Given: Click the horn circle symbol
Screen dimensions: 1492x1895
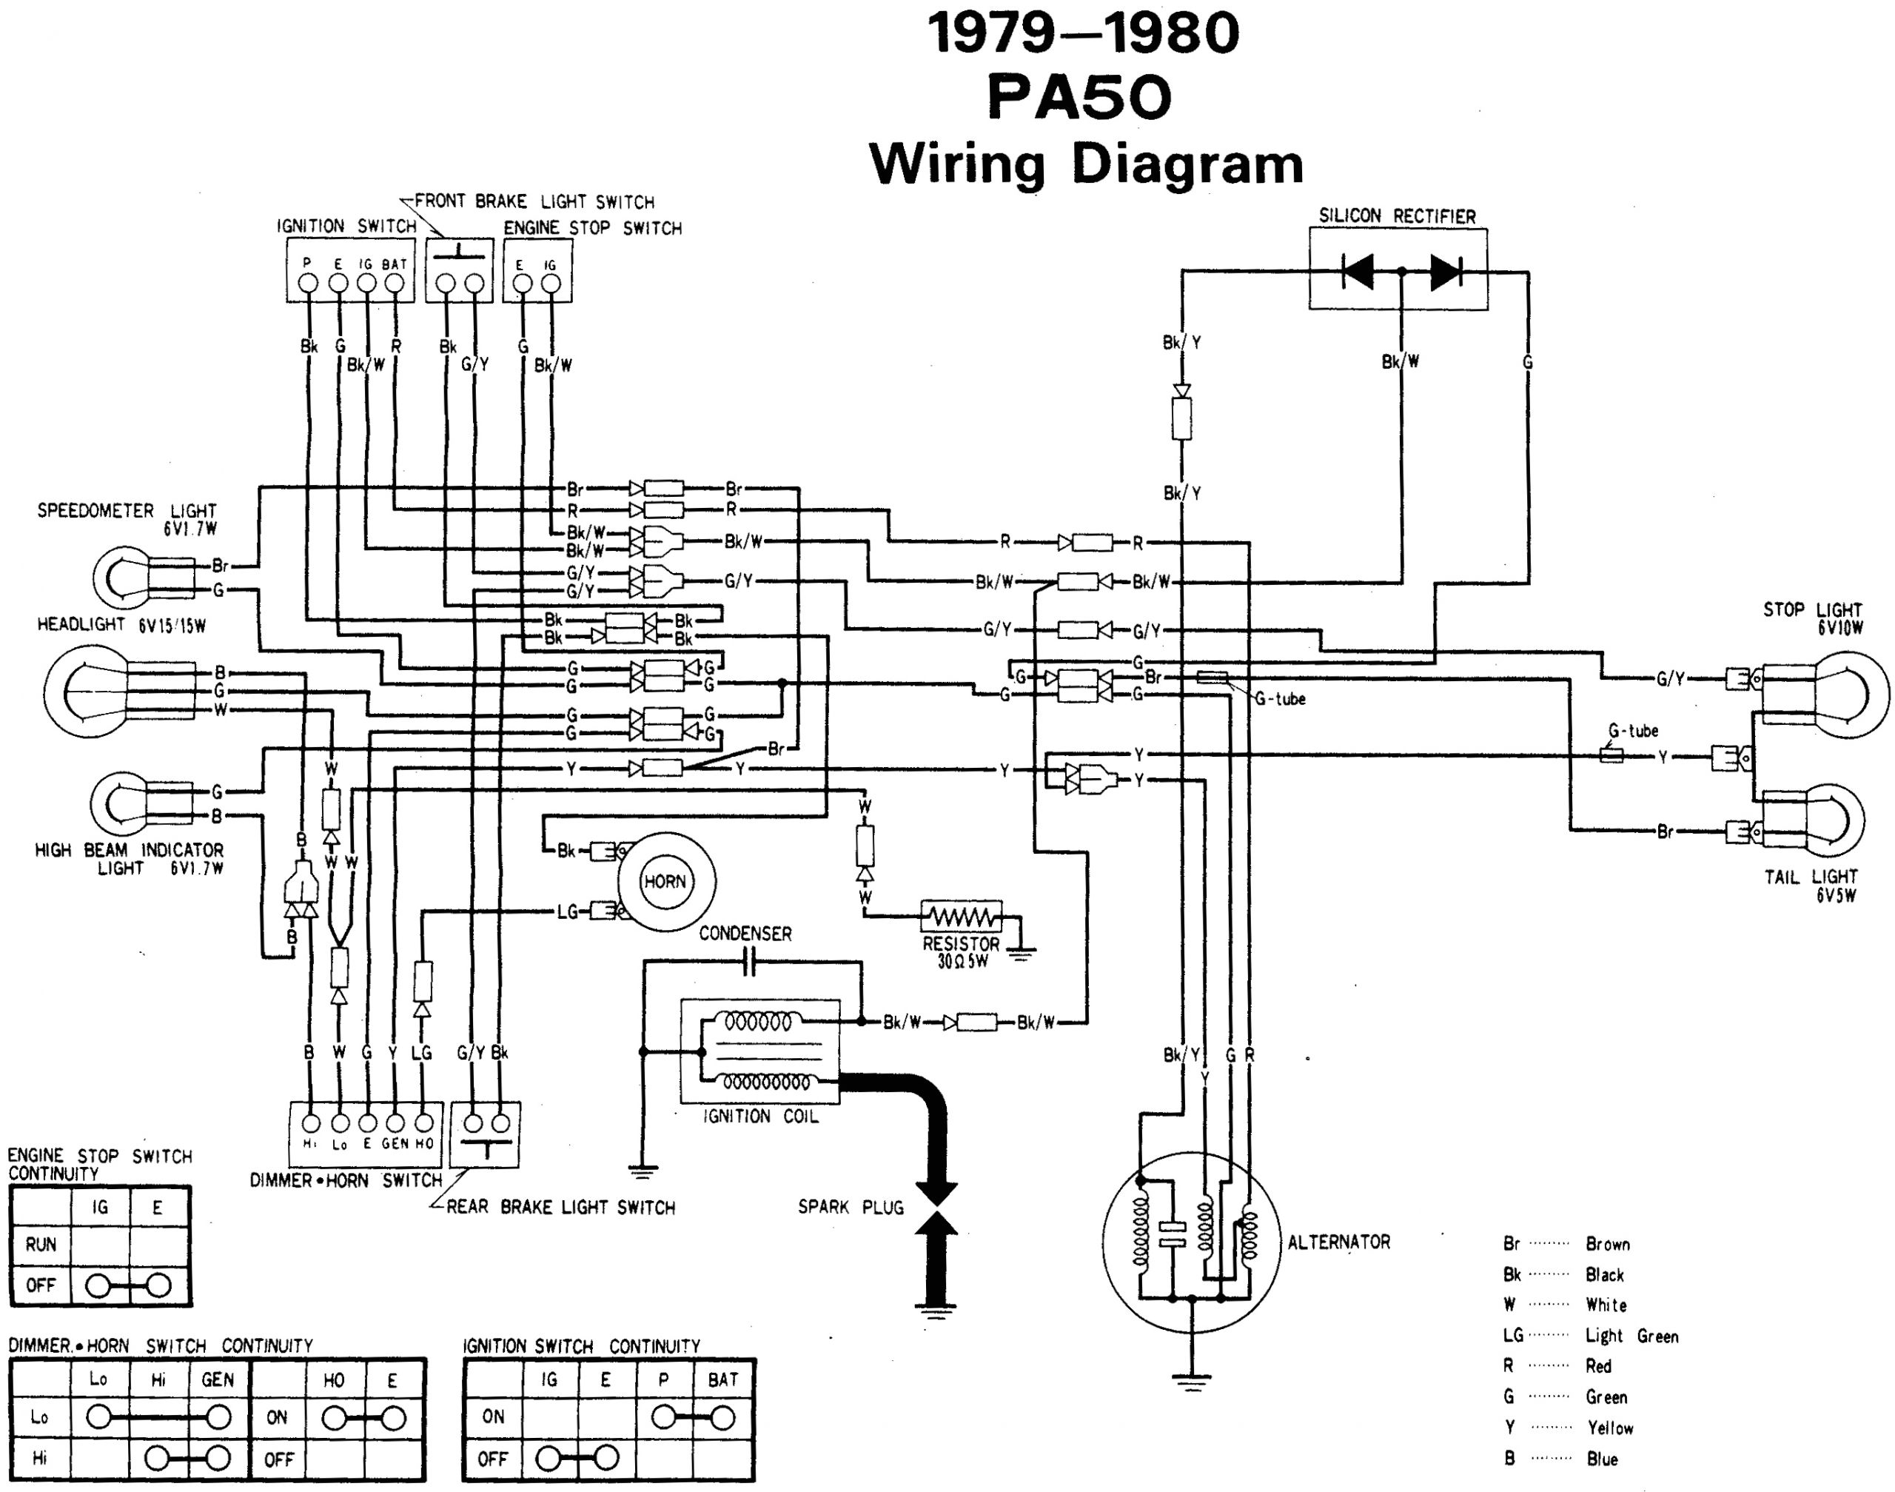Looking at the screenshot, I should click(x=665, y=881).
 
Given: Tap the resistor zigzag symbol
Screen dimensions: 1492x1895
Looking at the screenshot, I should click(x=961, y=917).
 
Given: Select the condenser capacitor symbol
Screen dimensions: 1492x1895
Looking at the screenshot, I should click(x=748, y=963).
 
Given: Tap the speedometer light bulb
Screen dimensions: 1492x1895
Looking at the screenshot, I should click(x=122, y=578).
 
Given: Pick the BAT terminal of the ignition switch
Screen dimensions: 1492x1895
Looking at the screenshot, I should click(x=395, y=283).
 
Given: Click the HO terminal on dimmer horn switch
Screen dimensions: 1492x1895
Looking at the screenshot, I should click(x=423, y=1123).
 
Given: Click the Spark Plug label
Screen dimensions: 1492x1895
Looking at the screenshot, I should click(x=850, y=1207).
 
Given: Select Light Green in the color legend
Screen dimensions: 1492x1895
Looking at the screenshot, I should click(x=1631, y=1336).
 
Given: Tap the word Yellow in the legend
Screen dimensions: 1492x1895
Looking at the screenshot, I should click(x=1609, y=1428).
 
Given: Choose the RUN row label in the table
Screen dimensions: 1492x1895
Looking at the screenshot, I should click(x=40, y=1245).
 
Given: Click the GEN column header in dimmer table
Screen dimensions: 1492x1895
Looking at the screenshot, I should click(x=218, y=1379).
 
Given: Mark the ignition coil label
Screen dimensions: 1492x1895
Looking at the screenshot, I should click(x=761, y=1117).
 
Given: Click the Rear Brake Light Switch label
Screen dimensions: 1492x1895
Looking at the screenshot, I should click(x=560, y=1207).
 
